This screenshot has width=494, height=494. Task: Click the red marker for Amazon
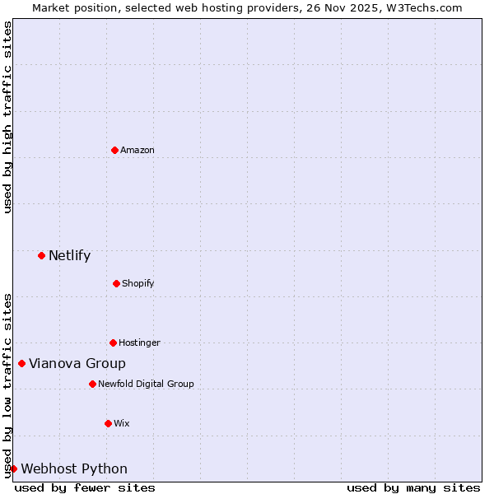(x=114, y=150)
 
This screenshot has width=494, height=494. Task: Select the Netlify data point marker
(x=41, y=255)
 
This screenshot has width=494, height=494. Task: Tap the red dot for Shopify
(x=116, y=283)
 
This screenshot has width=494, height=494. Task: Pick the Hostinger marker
(x=113, y=343)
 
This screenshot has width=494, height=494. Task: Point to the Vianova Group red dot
(x=21, y=363)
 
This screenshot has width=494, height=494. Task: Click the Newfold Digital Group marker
(x=92, y=384)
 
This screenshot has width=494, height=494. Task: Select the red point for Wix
(x=108, y=423)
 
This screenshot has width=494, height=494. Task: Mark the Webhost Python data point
(x=13, y=468)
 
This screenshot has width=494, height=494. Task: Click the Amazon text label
(x=137, y=150)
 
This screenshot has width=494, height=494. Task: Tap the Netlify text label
(x=69, y=255)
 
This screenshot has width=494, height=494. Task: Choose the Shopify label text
(x=138, y=283)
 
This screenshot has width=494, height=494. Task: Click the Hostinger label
(x=139, y=343)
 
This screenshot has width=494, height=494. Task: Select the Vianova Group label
(x=77, y=363)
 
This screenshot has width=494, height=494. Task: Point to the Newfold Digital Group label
(x=146, y=384)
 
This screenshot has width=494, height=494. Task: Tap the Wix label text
(x=122, y=423)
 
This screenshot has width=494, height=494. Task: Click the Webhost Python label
(x=74, y=468)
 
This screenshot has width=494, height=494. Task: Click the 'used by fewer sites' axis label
(x=85, y=487)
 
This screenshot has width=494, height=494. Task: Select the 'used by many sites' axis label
(x=413, y=487)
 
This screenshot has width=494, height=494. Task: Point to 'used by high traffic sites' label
(x=7, y=117)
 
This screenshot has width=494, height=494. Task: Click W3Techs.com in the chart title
(x=425, y=7)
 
